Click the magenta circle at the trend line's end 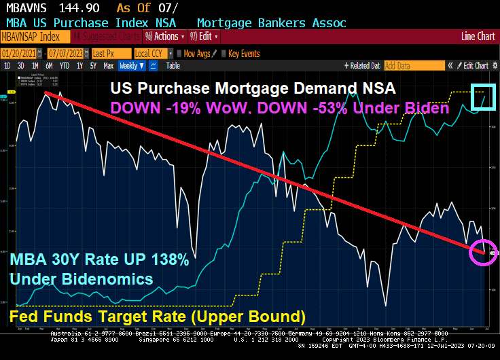tap(484, 252)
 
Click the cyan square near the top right tap(484, 98)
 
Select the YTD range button tap(65, 66)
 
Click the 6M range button tap(49, 66)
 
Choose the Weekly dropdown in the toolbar tap(132, 66)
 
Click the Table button tap(173, 66)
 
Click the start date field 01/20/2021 tap(18, 53)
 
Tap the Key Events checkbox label tap(244, 53)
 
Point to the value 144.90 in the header tap(81, 7)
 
